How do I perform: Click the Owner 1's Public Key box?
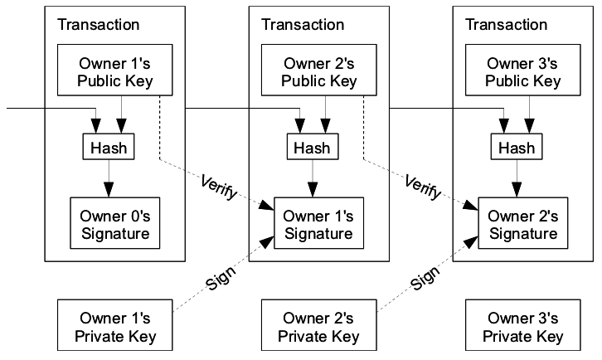click(x=114, y=70)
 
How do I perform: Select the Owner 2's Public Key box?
click(x=318, y=70)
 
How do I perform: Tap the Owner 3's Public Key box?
click(x=523, y=70)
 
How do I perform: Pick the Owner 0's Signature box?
click(x=114, y=223)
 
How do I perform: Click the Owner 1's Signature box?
click(x=318, y=223)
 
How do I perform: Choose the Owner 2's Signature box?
click(x=523, y=223)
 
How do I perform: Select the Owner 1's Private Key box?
click(x=114, y=325)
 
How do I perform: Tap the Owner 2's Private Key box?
click(x=318, y=325)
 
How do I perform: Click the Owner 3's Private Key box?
click(x=523, y=325)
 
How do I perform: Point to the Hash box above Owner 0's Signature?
click(x=109, y=146)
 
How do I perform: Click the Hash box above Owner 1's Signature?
click(x=313, y=146)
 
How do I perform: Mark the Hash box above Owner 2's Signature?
click(x=517, y=146)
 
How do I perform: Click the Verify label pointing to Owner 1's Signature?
click(x=218, y=187)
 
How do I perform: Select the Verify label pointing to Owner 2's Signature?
click(x=423, y=187)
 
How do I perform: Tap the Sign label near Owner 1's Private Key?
click(x=221, y=278)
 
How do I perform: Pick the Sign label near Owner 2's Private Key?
click(x=425, y=278)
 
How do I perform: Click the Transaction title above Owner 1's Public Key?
click(x=99, y=25)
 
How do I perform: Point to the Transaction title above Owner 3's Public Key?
click(x=507, y=25)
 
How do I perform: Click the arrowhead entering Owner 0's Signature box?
click(x=109, y=190)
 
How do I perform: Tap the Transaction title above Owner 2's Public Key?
click(x=303, y=25)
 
